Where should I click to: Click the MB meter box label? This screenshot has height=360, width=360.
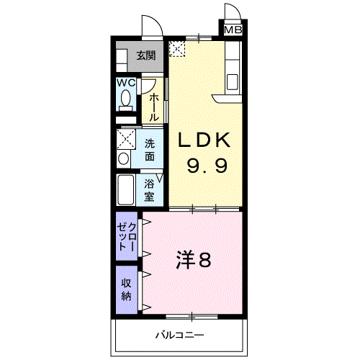[233, 30]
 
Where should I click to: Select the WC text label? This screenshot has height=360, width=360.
[127, 83]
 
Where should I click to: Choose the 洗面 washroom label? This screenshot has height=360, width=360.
[149, 149]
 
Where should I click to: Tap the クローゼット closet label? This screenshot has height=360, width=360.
[127, 235]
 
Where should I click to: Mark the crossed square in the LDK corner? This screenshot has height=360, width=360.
[177, 48]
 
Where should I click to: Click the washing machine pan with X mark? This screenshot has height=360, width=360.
[127, 138]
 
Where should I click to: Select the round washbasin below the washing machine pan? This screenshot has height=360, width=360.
[124, 158]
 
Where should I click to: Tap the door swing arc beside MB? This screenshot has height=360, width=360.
[233, 12]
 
